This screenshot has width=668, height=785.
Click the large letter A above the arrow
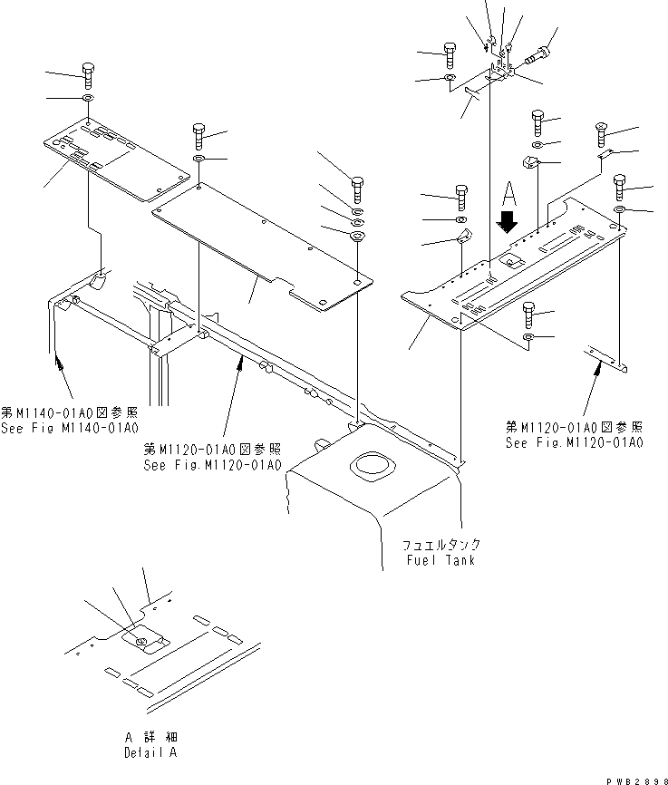pos(508,194)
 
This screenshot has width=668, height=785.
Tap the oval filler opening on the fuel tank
pos(372,469)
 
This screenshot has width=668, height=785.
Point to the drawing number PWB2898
pos(631,777)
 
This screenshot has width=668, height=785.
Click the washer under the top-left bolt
pos(87,98)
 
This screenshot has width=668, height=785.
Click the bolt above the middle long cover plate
pos(198,137)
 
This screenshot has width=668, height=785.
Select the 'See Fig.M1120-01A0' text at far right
pos(575,442)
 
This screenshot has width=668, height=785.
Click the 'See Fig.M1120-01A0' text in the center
pos(212,465)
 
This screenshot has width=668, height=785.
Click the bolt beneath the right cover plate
pos(529,316)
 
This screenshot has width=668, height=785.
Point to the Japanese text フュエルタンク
pos(441,545)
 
